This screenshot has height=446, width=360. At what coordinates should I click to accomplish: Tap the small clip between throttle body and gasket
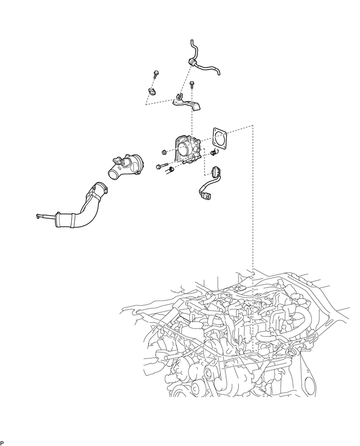pyautogui.click(x=213, y=153)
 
